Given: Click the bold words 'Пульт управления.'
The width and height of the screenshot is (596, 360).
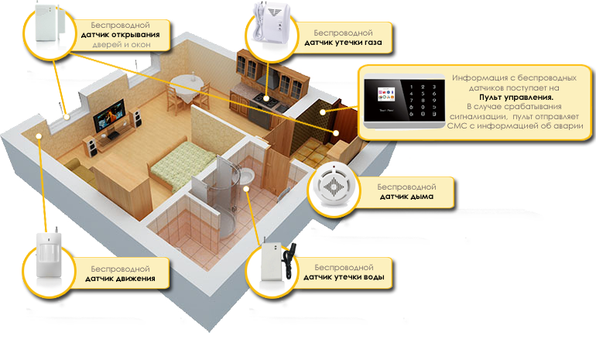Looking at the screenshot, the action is pyautogui.click(x=516, y=98).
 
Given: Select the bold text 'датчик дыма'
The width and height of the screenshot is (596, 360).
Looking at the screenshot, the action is pyautogui.click(x=406, y=197).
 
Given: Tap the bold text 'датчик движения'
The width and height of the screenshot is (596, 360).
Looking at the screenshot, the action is pyautogui.click(x=119, y=277).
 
